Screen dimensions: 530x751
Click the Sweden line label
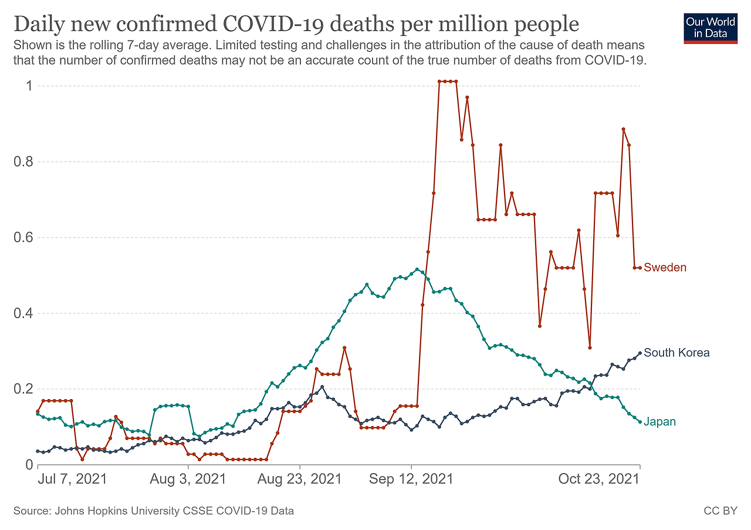[665, 268]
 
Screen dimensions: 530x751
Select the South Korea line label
[676, 353]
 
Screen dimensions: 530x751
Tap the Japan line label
[659, 421]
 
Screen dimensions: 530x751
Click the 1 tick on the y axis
[27, 86]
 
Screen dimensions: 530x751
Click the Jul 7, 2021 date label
[73, 478]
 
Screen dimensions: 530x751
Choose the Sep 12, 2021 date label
[411, 478]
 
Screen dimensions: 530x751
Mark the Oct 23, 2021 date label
[598, 478]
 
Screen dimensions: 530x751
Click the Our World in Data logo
[711, 27]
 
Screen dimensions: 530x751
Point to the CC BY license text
[720, 511]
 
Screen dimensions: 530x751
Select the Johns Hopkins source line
[154, 511]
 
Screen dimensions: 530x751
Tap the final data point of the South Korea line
[640, 353]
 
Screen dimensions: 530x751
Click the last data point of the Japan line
[640, 421]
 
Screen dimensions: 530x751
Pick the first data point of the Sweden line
[38, 411]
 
